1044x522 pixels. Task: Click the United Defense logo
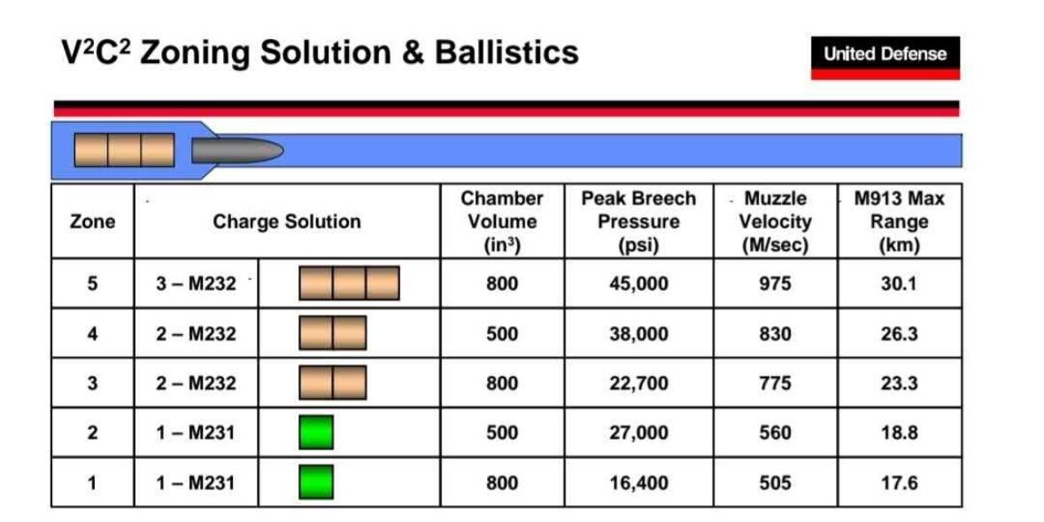pyautogui.click(x=885, y=58)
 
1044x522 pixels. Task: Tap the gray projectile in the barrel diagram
pyautogui.click(x=237, y=151)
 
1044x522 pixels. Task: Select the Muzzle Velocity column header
pyautogui.click(x=775, y=222)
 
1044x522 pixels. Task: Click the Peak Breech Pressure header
pyautogui.click(x=638, y=222)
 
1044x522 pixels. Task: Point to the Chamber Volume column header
pyautogui.click(x=502, y=222)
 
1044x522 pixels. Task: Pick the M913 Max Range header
pyautogui.click(x=899, y=222)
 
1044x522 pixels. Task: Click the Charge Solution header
pyautogui.click(x=287, y=222)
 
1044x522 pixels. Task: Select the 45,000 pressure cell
pyautogui.click(x=638, y=284)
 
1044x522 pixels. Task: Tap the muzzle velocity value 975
pyautogui.click(x=775, y=284)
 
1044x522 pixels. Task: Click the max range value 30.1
pyautogui.click(x=899, y=284)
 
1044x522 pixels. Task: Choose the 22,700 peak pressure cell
pyautogui.click(x=638, y=384)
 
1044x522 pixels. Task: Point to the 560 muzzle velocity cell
pyautogui.click(x=775, y=432)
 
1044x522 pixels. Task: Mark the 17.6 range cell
pyautogui.click(x=899, y=483)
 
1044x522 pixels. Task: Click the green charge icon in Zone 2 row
pyautogui.click(x=316, y=432)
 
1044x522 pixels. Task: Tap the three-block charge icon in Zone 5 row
pyautogui.click(x=350, y=284)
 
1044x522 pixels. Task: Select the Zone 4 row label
pyautogui.click(x=93, y=333)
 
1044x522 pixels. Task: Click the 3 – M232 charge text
pyautogui.click(x=196, y=284)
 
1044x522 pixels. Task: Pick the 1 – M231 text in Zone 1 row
pyautogui.click(x=195, y=483)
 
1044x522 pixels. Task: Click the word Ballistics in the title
pyautogui.click(x=507, y=52)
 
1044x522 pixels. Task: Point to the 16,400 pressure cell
pyautogui.click(x=638, y=483)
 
